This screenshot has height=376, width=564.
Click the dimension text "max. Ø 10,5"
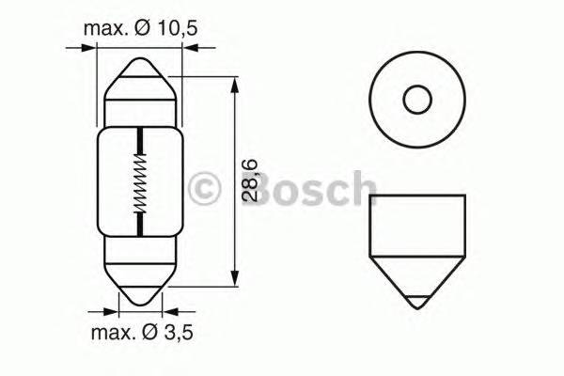(x=141, y=28)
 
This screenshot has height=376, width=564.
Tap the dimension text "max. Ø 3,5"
(x=143, y=333)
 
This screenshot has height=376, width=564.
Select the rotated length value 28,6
(x=250, y=180)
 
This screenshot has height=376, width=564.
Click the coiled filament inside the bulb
(x=140, y=182)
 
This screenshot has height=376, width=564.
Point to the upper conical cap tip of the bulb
(x=140, y=68)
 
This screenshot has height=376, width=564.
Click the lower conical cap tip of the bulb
(x=140, y=296)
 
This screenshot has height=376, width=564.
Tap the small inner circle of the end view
(x=417, y=100)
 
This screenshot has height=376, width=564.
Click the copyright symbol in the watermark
(x=204, y=189)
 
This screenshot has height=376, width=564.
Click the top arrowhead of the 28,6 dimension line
(x=234, y=86)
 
